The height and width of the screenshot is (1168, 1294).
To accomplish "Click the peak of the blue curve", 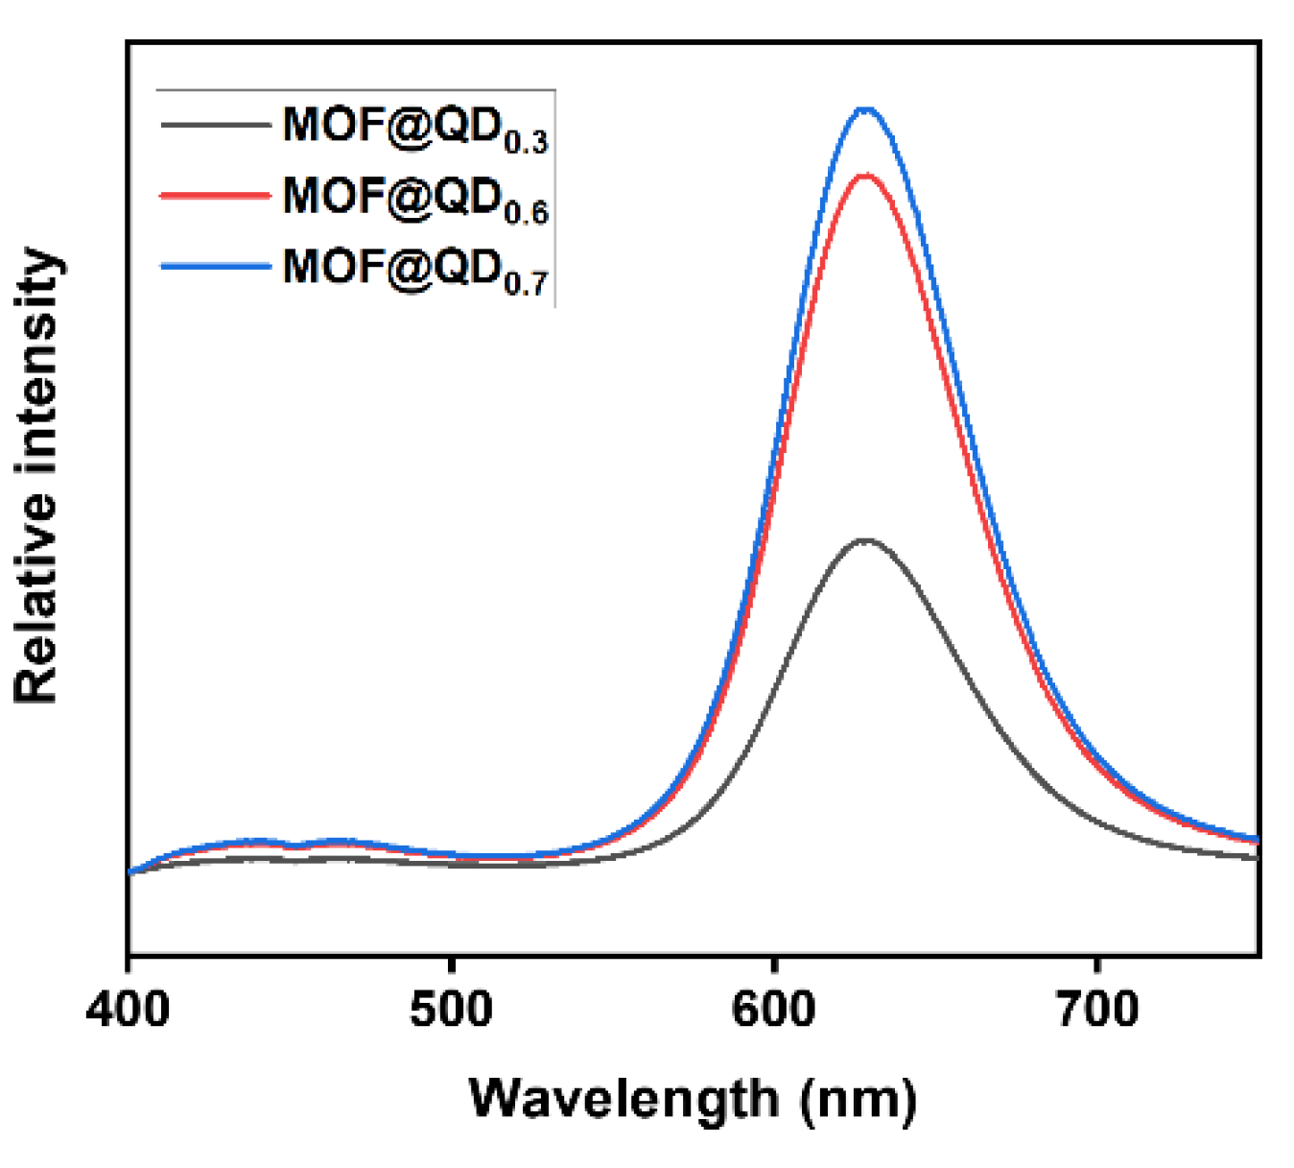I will coord(866,109).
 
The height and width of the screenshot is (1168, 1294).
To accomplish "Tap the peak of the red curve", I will coord(866,176).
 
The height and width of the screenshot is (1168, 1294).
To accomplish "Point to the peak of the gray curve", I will coord(866,540).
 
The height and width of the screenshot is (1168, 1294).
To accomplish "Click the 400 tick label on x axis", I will coord(128,1009).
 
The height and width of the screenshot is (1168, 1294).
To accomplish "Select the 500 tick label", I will coord(451,1009).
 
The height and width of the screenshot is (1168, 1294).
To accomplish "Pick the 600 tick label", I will coord(773,1009).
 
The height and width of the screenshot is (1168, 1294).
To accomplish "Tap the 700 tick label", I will coord(1096,1009).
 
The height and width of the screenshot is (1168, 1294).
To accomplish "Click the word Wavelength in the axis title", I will coord(623,1099).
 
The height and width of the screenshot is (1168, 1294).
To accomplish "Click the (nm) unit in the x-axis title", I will coord(859,1099).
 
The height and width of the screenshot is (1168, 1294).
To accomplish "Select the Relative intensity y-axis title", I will coord(36,475).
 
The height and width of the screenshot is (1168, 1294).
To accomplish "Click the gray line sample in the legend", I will coord(216,124).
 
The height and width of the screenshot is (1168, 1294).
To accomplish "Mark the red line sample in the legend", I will coord(216,195).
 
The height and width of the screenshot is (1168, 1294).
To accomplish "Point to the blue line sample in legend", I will coord(216,266).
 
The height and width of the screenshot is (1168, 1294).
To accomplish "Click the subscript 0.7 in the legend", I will coord(526,284).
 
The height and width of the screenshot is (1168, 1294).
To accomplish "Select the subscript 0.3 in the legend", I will coord(526,143).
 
